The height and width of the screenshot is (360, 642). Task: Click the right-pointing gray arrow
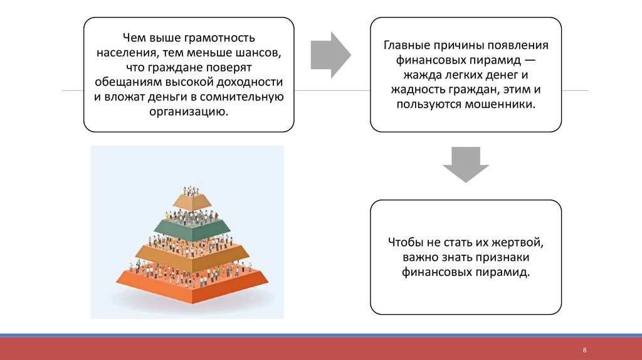(x=331, y=55)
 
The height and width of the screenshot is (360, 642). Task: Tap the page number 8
(x=584, y=349)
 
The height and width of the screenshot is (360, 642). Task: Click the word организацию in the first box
(x=188, y=112)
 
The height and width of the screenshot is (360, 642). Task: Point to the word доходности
(x=251, y=82)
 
